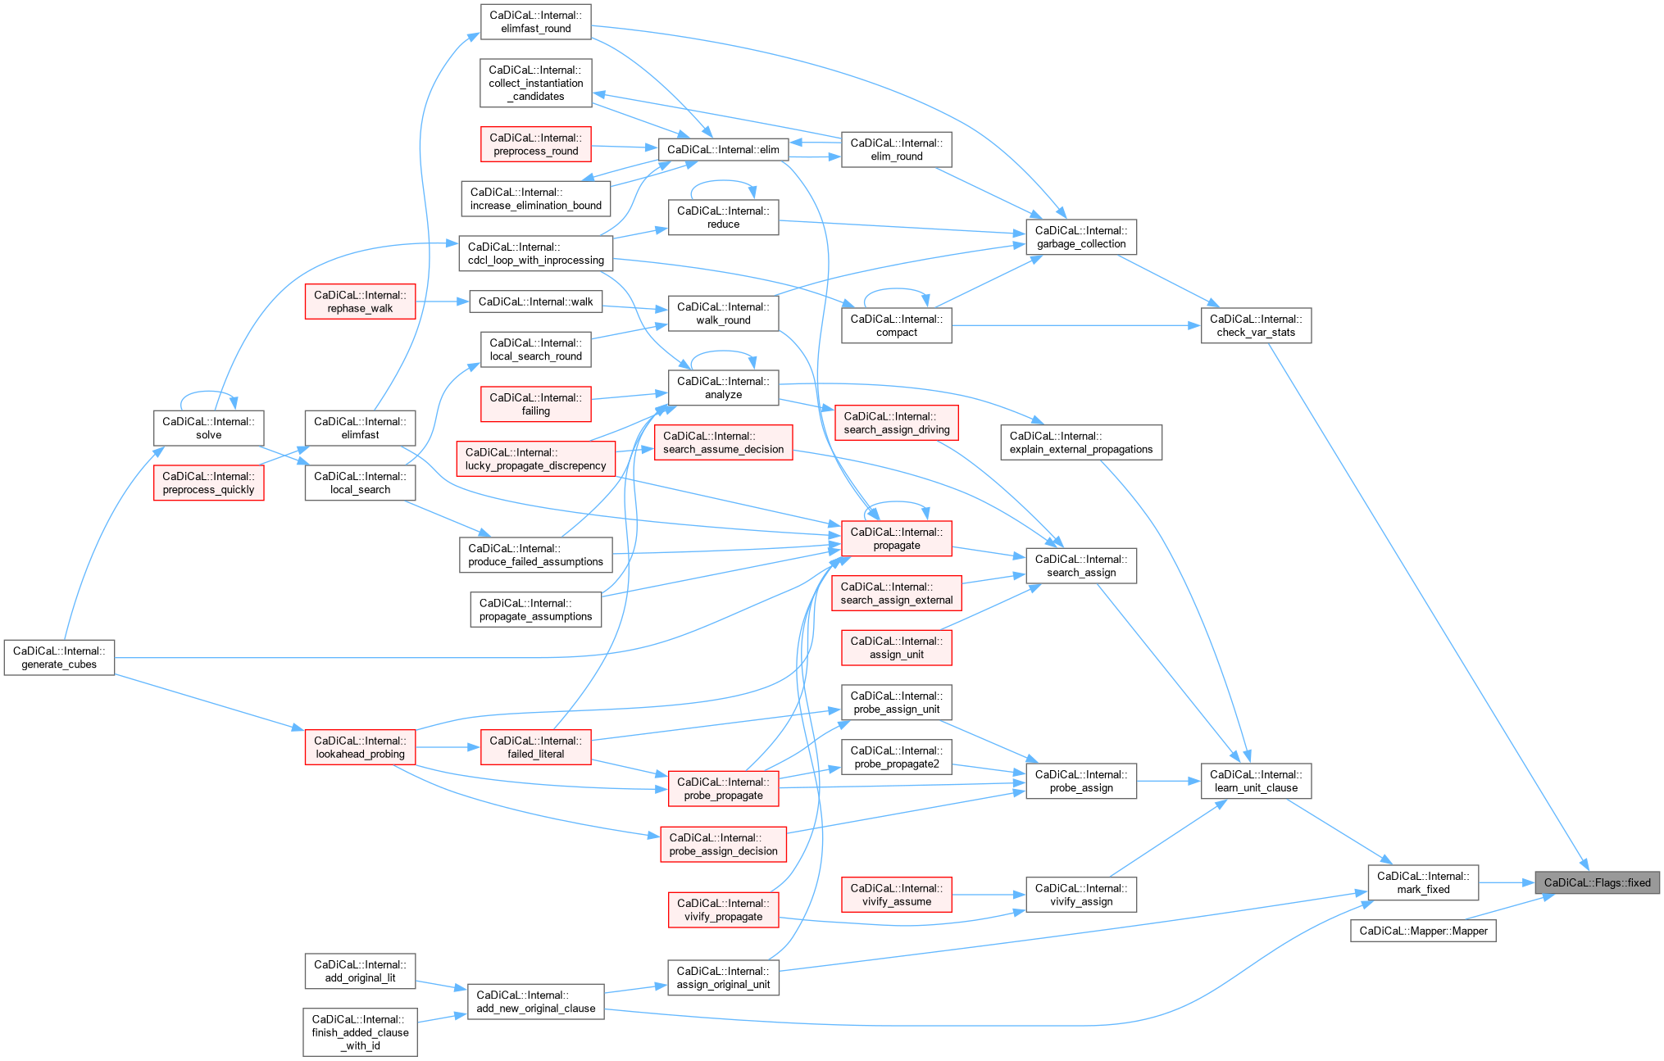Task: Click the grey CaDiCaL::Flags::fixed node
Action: [x=1597, y=882]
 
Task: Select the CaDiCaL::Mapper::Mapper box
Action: [x=1423, y=931]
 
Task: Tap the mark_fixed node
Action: [x=1423, y=882]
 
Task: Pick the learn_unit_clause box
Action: [x=1256, y=781]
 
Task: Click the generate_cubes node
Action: [x=59, y=657]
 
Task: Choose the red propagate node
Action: [x=896, y=538]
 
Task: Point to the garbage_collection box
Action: [x=1080, y=237]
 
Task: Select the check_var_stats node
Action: [x=1256, y=325]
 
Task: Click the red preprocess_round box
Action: [x=535, y=144]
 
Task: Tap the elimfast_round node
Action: [x=535, y=21]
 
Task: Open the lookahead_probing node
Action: [x=360, y=747]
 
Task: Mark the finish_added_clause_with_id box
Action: [x=360, y=1032]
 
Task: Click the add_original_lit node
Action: [x=360, y=971]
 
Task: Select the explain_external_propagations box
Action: [x=1080, y=442]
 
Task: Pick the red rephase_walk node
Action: [x=360, y=302]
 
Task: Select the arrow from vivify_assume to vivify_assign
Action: [x=989, y=895]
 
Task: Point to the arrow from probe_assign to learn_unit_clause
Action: [x=1168, y=781]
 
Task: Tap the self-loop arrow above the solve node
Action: [x=208, y=392]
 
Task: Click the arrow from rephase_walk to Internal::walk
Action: [x=442, y=302]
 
